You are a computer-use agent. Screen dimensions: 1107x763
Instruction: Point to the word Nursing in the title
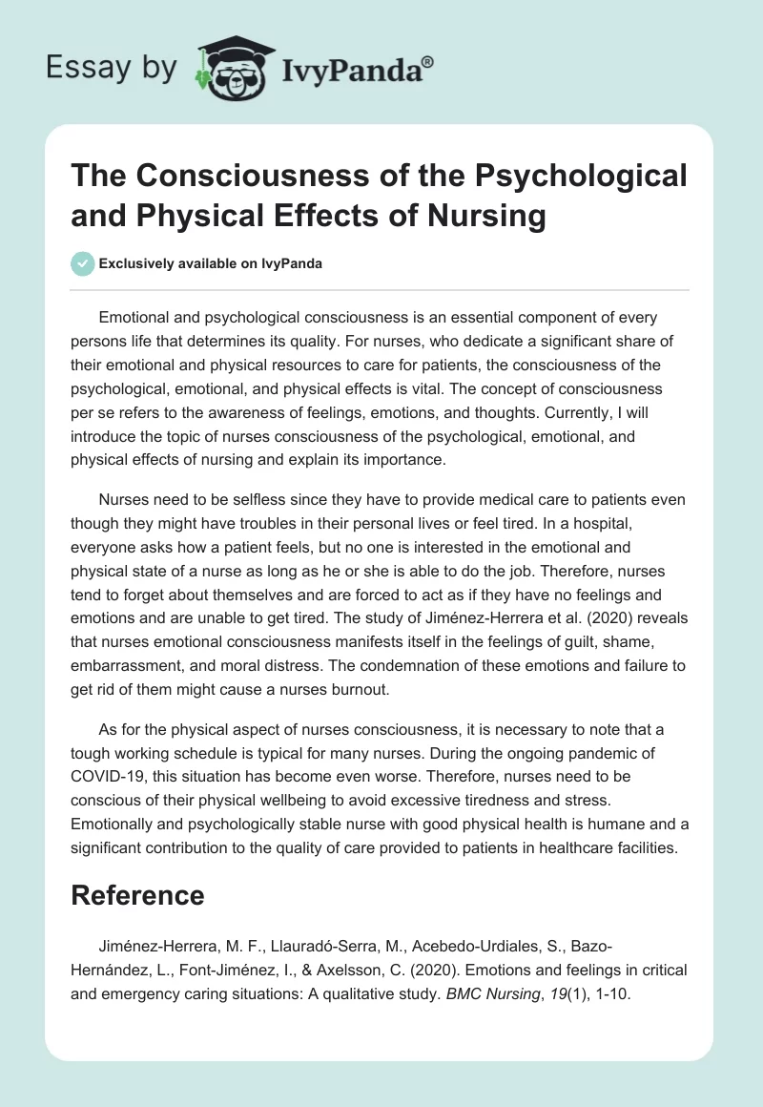(484, 216)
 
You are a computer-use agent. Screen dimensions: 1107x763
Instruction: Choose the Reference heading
(138, 894)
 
